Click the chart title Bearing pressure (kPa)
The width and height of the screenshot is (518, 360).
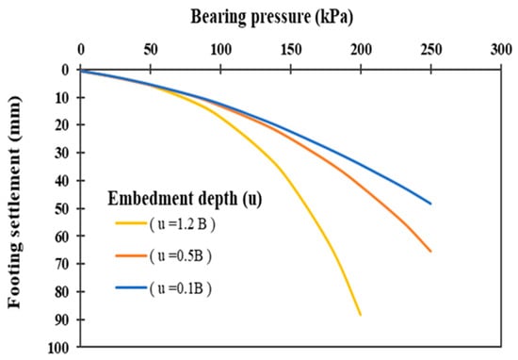click(x=271, y=17)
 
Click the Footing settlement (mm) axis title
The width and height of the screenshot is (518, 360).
click(x=14, y=202)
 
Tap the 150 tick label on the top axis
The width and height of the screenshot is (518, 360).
click(x=291, y=50)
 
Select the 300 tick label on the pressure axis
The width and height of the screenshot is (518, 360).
click(x=501, y=50)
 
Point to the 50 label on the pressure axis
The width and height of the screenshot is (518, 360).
click(x=151, y=50)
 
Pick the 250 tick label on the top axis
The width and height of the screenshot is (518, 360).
click(x=431, y=50)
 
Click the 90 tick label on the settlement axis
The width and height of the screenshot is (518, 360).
click(x=62, y=319)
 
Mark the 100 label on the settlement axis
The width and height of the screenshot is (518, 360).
click(x=58, y=348)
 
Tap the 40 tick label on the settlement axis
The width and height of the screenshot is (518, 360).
click(x=62, y=181)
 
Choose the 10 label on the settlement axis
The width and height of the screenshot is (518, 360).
click(x=62, y=97)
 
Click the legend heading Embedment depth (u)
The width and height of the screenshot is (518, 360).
click(x=185, y=199)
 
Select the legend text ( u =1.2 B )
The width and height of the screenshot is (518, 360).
click(x=183, y=224)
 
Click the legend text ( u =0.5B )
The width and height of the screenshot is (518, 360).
click(x=181, y=255)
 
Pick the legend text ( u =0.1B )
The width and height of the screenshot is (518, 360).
click(x=181, y=288)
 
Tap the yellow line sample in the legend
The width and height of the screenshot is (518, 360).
click(x=131, y=223)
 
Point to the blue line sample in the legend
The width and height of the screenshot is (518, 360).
click(x=131, y=287)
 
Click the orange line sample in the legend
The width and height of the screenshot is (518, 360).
click(x=131, y=255)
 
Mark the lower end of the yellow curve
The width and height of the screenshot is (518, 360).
click(x=360, y=315)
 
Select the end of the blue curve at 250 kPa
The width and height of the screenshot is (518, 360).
click(x=430, y=204)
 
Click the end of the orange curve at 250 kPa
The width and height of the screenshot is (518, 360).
click(x=430, y=252)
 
